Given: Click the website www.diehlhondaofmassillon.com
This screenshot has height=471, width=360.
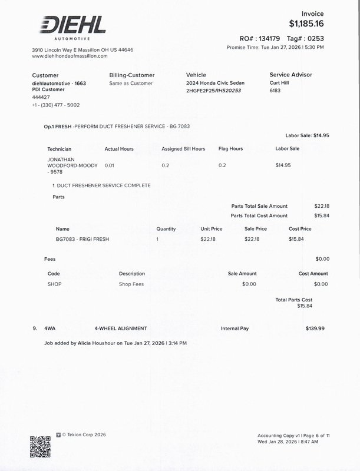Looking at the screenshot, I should click(x=70, y=56).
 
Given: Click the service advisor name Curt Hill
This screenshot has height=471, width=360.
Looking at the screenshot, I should click(x=280, y=84).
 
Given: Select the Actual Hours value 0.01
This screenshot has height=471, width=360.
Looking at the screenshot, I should click(x=109, y=165).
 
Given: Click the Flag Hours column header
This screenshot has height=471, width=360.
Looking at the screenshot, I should click(x=230, y=149).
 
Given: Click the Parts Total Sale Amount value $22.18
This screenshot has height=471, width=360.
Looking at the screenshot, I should click(x=322, y=206).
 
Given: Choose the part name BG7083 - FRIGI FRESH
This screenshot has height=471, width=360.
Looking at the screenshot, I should click(x=82, y=239).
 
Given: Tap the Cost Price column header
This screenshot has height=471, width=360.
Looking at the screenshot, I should click(x=300, y=228).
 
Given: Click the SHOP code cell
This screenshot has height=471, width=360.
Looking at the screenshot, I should click(x=54, y=284).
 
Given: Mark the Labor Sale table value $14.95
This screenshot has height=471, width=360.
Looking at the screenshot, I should click(x=283, y=165).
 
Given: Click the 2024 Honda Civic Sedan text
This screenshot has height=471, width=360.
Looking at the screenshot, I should click(x=215, y=84).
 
